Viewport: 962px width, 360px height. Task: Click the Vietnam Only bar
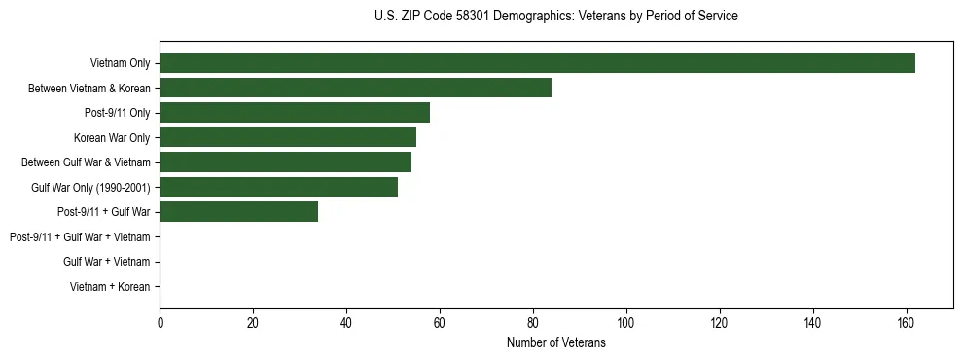coord(537,63)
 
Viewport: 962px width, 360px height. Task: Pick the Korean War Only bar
coord(288,137)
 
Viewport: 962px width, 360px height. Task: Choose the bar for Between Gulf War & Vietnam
coord(285,162)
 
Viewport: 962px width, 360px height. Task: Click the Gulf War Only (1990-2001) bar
coord(278,187)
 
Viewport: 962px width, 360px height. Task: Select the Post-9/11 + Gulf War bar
coord(238,212)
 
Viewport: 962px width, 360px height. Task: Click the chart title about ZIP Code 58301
coord(555,16)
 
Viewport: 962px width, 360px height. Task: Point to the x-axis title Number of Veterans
coord(555,343)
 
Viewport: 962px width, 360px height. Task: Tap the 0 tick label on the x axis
coord(160,324)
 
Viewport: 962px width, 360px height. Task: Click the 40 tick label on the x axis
coord(346,324)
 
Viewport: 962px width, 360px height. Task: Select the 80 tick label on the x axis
coord(533,324)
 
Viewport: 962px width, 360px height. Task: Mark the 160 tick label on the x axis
coord(906,324)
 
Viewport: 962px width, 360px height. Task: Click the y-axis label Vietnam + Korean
coord(110,287)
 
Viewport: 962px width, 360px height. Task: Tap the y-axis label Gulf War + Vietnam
coord(106,262)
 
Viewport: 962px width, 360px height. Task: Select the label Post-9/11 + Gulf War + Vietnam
coord(80,237)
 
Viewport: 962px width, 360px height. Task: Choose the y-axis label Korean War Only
coord(112,137)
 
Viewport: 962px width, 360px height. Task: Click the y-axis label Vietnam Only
coord(120,63)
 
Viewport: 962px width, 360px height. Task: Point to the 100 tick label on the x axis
coord(626,324)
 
